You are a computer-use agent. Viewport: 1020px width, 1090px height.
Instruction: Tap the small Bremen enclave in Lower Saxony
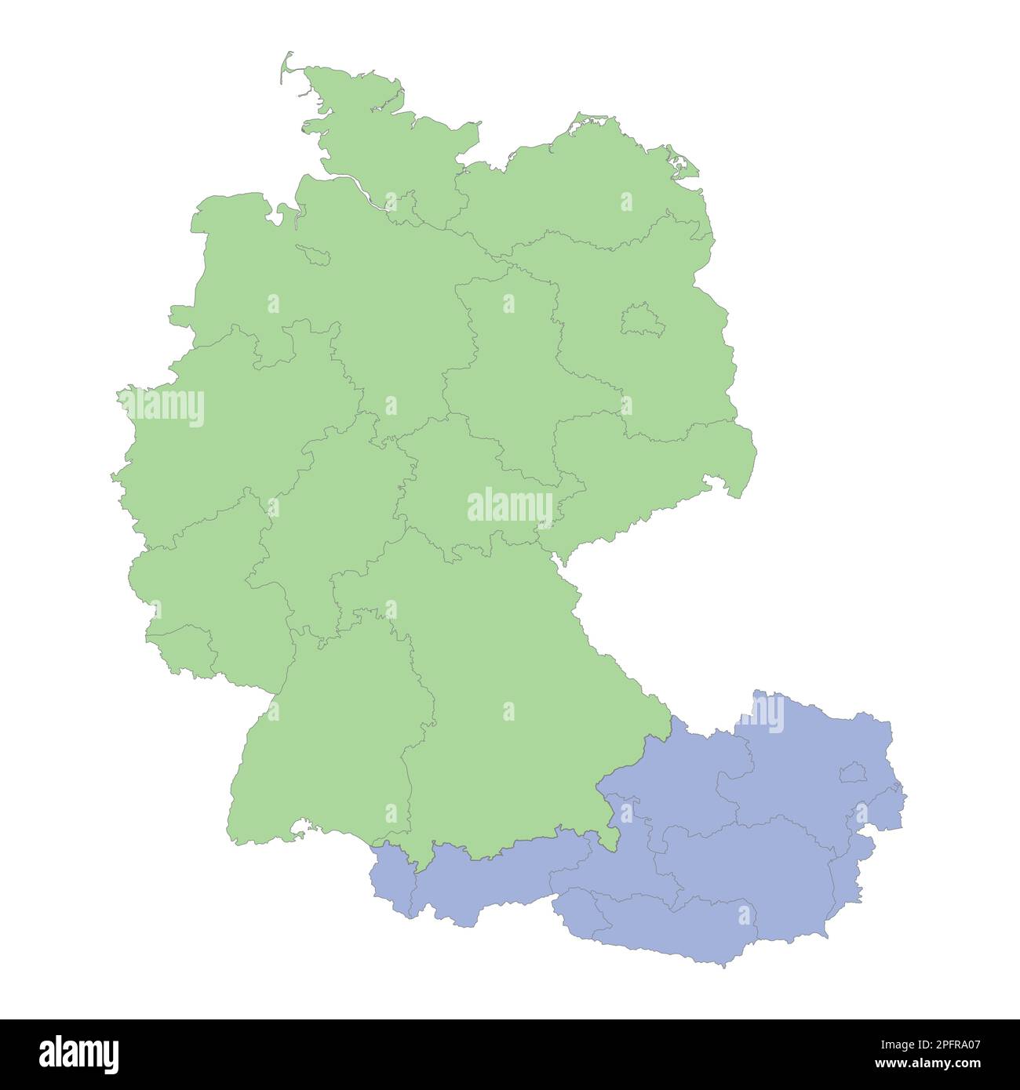(x=313, y=254)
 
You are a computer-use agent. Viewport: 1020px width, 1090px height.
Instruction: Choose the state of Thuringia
(x=463, y=478)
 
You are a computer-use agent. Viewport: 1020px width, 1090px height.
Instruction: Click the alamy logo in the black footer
(x=79, y=1054)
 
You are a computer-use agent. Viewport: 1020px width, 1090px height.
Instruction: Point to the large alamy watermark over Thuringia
(x=510, y=506)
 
